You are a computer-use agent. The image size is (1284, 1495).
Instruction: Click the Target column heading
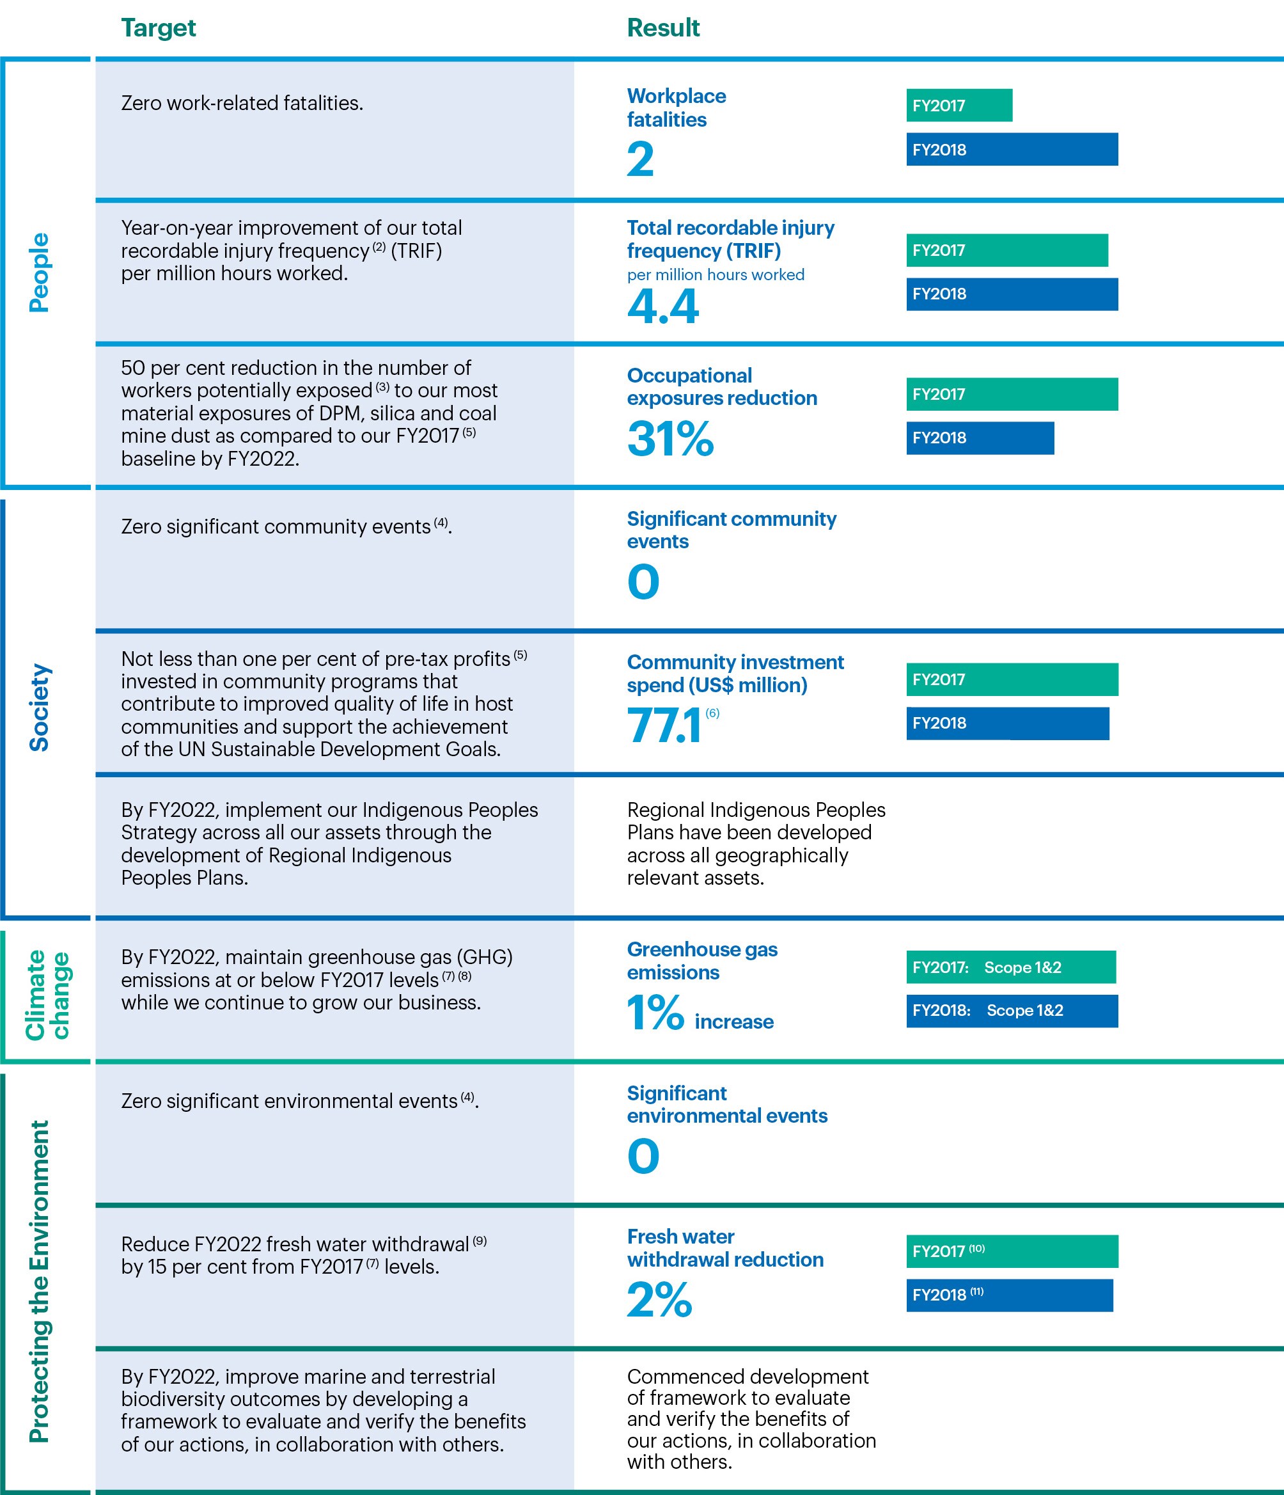tap(158, 28)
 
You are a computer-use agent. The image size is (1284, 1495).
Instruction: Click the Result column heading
tap(663, 28)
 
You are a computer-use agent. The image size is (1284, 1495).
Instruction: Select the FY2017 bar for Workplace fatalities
tap(959, 106)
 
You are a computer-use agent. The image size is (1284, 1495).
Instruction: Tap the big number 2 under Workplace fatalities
tap(640, 159)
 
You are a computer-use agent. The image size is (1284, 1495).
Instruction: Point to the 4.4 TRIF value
tap(662, 306)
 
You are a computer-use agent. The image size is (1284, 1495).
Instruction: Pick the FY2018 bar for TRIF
tap(1012, 294)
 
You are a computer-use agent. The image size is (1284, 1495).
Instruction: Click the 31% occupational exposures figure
tap(669, 439)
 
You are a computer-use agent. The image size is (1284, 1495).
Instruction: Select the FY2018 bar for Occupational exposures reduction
tap(980, 438)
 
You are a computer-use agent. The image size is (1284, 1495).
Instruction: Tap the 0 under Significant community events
tap(643, 582)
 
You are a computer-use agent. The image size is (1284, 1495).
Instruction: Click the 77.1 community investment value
tap(664, 726)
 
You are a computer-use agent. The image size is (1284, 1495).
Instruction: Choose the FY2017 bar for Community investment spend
tap(1012, 679)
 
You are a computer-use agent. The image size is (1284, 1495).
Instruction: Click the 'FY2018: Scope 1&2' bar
tap(1012, 1011)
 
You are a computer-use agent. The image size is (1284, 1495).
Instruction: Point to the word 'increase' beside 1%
tap(733, 1022)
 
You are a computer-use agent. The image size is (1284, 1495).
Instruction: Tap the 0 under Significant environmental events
tap(643, 1156)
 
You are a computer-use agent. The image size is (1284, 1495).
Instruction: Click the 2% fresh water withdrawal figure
tap(659, 1299)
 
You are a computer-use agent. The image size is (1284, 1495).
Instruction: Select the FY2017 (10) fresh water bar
tap(1012, 1252)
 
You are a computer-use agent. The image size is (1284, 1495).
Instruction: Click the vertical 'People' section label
tap(39, 272)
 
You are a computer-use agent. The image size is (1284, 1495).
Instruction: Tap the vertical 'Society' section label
tap(39, 707)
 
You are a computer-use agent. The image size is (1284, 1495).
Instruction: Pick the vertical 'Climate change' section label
tap(47, 995)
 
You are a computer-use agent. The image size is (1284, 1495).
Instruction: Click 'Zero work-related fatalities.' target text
tap(242, 103)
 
